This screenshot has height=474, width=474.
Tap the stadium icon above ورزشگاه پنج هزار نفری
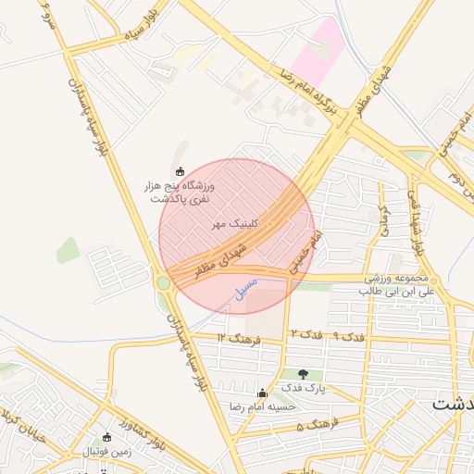click(x=181, y=171)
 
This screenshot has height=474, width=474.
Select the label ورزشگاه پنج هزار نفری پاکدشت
click(x=181, y=193)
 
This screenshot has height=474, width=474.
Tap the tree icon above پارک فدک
click(x=303, y=373)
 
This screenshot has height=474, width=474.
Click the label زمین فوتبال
click(x=107, y=452)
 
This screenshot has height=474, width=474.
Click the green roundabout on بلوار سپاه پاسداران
click(x=164, y=282)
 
